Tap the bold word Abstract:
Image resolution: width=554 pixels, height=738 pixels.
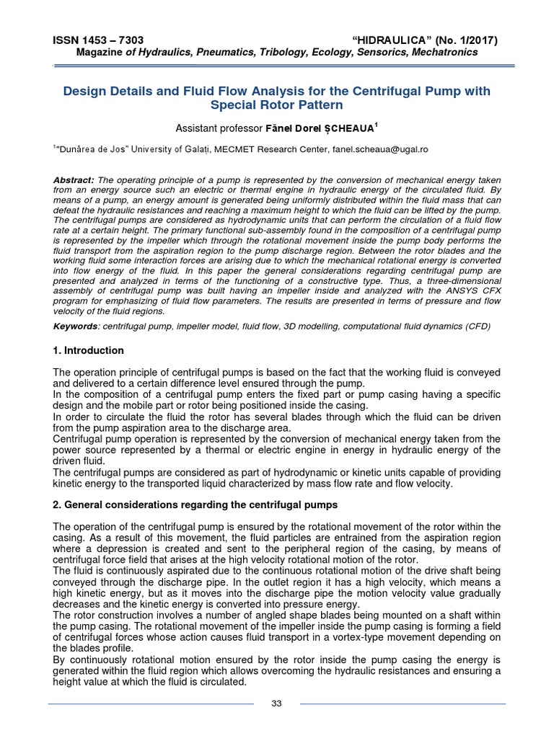(74, 179)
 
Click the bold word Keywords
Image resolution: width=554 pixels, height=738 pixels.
(76, 326)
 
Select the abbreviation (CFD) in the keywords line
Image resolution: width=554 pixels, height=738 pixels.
(478, 326)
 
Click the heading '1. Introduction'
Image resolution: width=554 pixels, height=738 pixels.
(89, 350)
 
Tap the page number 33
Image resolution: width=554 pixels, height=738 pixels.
(276, 703)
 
